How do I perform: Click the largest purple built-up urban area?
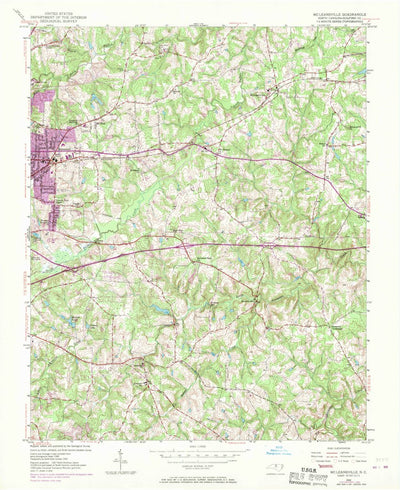point(47,140)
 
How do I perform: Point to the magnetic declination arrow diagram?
point(118,459)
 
